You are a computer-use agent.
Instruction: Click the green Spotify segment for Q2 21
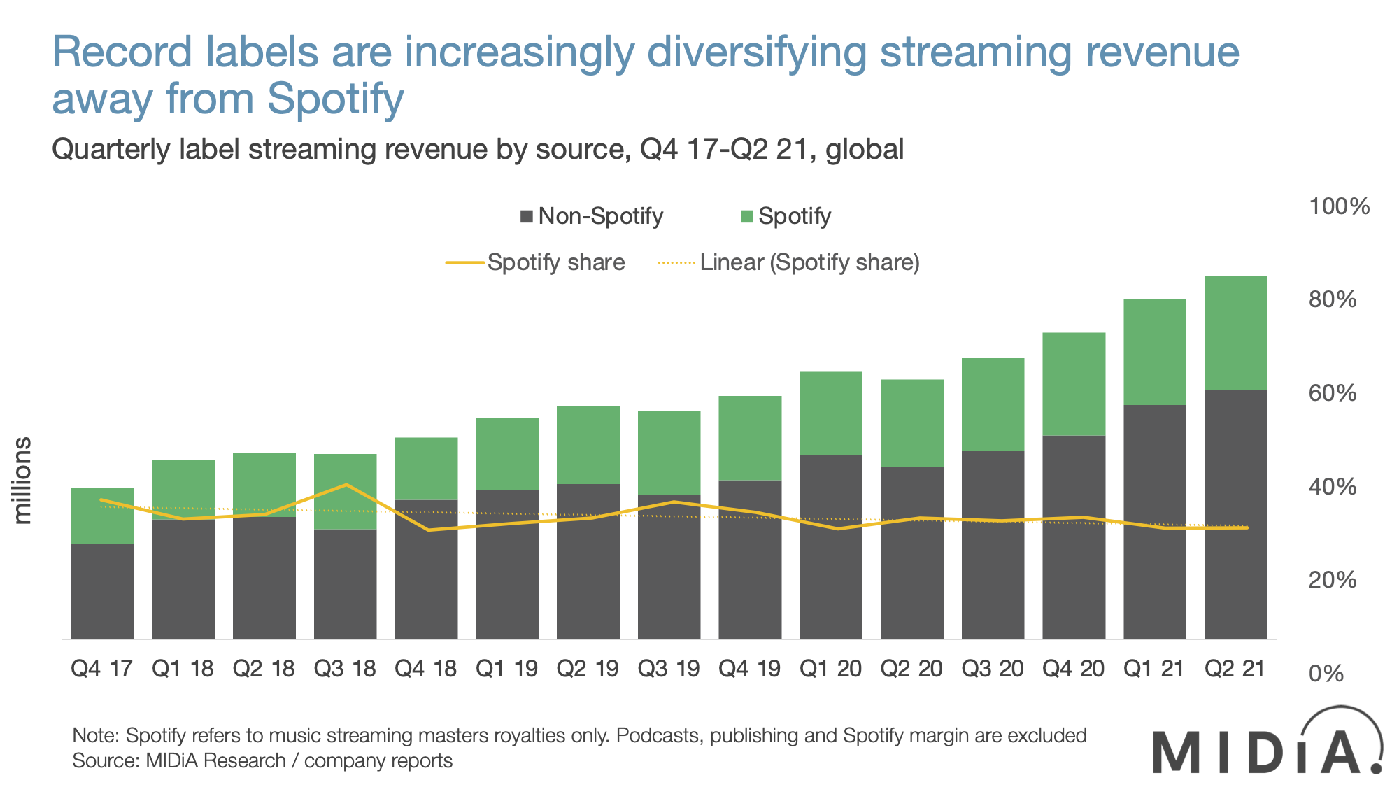pyautogui.click(x=1235, y=332)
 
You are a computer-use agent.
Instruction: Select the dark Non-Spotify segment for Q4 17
pyautogui.click(x=102, y=591)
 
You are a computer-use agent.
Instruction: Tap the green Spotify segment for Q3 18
pyautogui.click(x=345, y=492)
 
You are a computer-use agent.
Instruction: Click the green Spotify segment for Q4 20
pyautogui.click(x=1074, y=384)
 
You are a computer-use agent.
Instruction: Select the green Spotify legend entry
pyautogui.click(x=786, y=216)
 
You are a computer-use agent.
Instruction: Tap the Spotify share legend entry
pyautogui.click(x=536, y=262)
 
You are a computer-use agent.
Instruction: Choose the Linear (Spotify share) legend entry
pyautogui.click(x=789, y=262)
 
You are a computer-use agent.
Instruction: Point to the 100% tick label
pyautogui.click(x=1339, y=206)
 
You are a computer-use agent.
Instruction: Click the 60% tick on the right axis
pyautogui.click(x=1333, y=393)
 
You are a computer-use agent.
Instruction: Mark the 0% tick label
pyautogui.click(x=1326, y=674)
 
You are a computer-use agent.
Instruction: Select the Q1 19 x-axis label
pyautogui.click(x=506, y=669)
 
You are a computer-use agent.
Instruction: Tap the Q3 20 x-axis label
pyautogui.click(x=992, y=669)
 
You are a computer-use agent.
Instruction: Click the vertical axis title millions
pyautogui.click(x=23, y=481)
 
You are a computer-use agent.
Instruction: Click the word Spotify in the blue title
pyautogui.click(x=335, y=99)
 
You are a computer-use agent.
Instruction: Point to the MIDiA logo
pyautogui.click(x=1266, y=743)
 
